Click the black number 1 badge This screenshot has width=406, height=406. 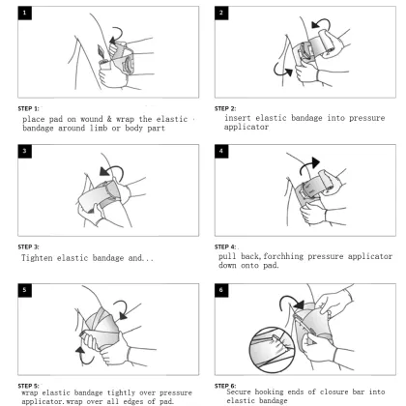tap(25, 14)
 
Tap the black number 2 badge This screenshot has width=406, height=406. tap(221, 13)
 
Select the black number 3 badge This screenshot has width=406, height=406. tap(25, 151)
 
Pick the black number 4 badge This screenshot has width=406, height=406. tap(221, 151)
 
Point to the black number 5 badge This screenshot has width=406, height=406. tap(25, 290)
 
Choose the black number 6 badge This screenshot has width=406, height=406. tap(221, 290)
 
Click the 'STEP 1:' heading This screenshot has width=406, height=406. tap(28, 108)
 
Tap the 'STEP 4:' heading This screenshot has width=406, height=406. tap(225, 247)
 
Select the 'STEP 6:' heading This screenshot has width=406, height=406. tap(225, 386)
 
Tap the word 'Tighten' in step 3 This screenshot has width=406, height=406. tap(37, 258)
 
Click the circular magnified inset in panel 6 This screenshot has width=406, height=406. tap(272, 350)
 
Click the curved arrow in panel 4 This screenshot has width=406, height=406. tap(306, 163)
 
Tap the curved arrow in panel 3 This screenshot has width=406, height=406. tap(117, 168)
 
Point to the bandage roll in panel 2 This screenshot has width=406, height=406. tap(327, 43)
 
